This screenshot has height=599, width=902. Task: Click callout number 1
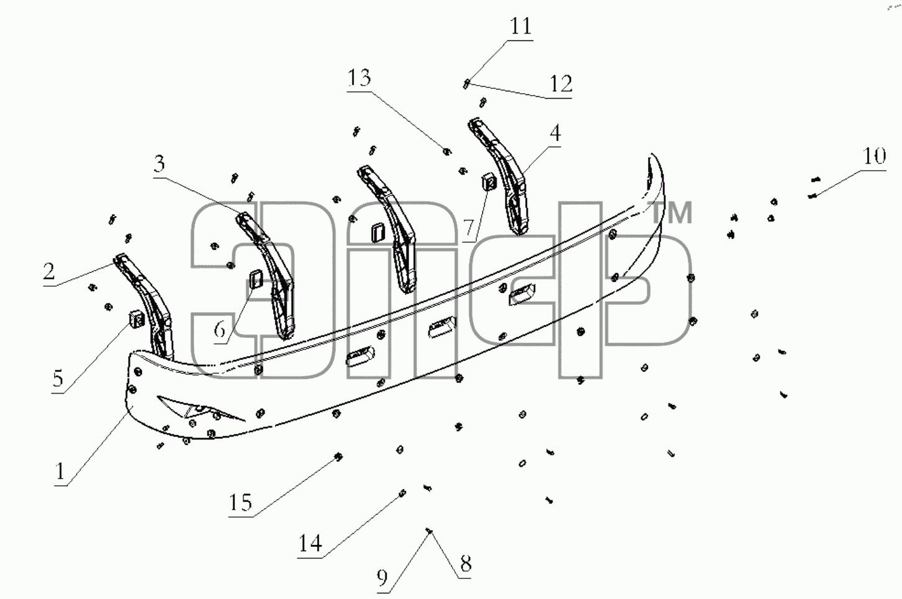pos(60,471)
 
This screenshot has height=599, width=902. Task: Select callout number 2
pos(49,272)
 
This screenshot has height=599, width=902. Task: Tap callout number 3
pos(160,164)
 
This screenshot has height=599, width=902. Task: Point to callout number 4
pos(556,133)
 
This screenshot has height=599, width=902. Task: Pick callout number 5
pos(58,379)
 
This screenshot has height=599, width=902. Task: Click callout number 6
pos(220,330)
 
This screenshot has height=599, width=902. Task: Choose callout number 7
pos(469,228)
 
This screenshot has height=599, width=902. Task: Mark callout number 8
pos(466,564)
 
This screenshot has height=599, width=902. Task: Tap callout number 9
pos(382,579)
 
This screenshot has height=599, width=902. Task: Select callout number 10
pos(874,156)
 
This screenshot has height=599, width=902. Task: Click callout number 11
pos(521,26)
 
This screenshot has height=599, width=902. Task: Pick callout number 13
pos(359,78)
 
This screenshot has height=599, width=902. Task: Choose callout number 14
pos(310,544)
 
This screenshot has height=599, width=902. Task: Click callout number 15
pos(241,502)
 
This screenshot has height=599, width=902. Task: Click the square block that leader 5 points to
pos(137,319)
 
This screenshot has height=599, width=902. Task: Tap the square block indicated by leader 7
pos(489,181)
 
